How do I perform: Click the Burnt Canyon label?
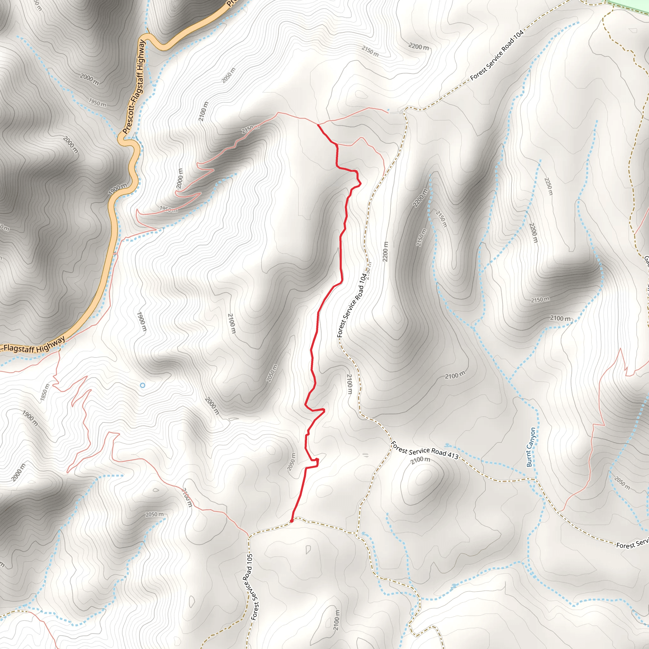531,447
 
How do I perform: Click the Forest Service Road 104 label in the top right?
497,55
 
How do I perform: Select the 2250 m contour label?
548,186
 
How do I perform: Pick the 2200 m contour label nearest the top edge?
419,46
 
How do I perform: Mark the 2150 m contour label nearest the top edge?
370,51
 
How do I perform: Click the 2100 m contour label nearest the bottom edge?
337,620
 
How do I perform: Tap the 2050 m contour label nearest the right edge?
622,483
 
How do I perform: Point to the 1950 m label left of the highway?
97,102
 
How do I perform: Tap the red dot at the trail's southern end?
291,521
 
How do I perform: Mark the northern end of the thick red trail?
318,125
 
